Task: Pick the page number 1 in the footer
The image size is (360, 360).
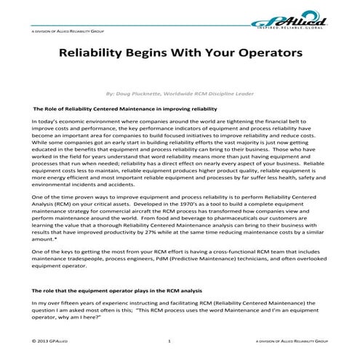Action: click(169, 340)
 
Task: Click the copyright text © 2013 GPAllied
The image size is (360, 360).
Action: click(51, 340)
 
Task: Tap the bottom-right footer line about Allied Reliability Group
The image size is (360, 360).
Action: click(294, 340)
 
